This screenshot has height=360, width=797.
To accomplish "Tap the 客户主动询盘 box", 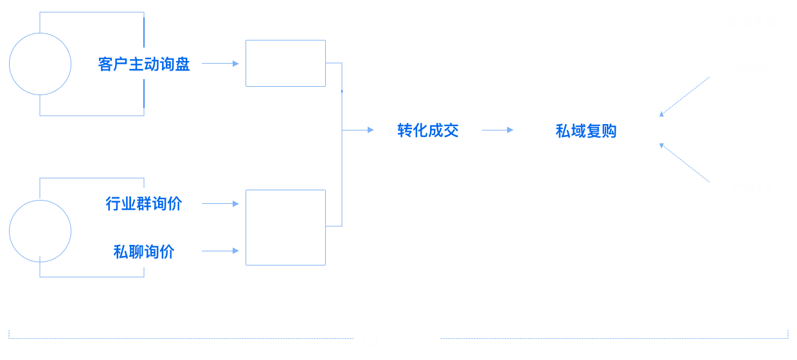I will pyautogui.click(x=144, y=64).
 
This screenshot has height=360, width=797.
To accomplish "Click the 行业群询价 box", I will pyautogui.click(x=144, y=204).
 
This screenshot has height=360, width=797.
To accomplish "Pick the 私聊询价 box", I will pyautogui.click(x=144, y=251).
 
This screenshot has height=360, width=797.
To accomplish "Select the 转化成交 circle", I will pyautogui.click(x=427, y=130).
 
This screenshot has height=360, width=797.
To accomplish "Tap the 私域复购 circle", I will pyautogui.click(x=586, y=130).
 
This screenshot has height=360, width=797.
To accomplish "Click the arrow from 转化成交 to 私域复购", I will pyautogui.click(x=498, y=130).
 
